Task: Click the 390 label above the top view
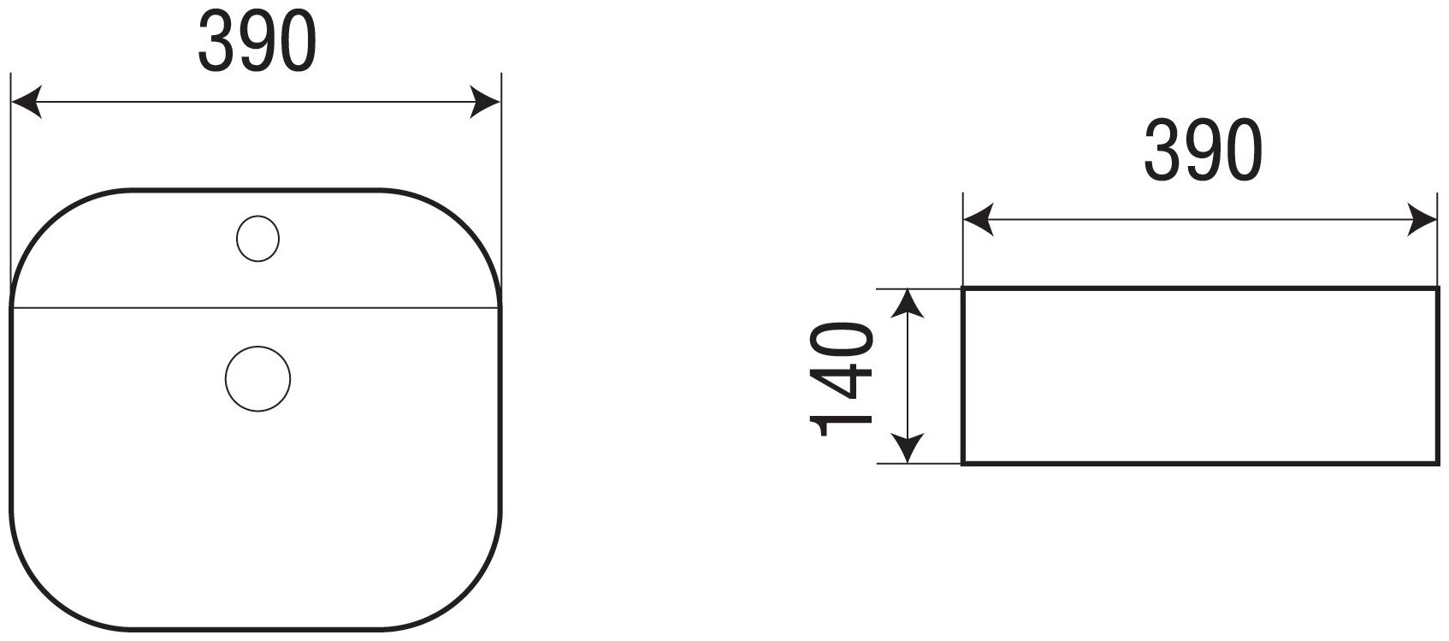(x=257, y=45)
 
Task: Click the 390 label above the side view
(x=1203, y=151)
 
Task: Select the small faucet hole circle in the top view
(x=257, y=238)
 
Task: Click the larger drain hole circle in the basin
(x=257, y=377)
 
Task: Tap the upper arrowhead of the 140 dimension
(x=908, y=304)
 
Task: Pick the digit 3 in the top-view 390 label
(x=216, y=45)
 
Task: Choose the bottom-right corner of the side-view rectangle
(x=1435, y=463)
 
